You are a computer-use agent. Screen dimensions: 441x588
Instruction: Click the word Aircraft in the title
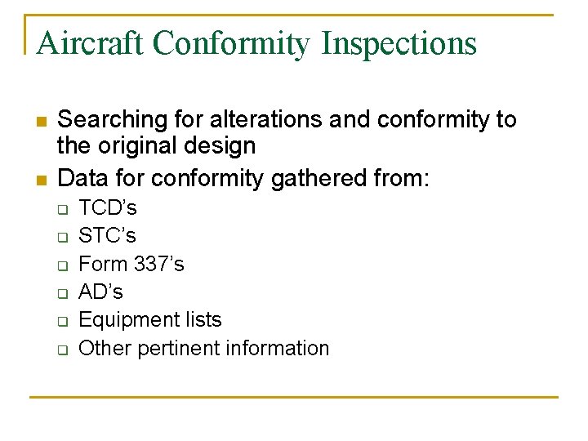pos(89,43)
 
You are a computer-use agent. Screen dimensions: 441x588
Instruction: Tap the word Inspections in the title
pos(399,43)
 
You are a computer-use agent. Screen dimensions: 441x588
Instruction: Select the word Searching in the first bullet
pos(111,120)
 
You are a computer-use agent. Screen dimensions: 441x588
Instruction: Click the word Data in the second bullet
pos(82,177)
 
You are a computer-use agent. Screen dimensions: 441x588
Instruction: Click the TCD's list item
pos(108,207)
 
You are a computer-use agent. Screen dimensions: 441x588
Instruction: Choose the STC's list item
pos(107,236)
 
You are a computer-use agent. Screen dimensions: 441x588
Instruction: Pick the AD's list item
pos(100,292)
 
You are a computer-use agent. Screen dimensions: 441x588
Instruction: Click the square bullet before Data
pos(39,179)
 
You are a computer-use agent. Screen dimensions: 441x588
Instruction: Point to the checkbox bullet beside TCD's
pos(61,209)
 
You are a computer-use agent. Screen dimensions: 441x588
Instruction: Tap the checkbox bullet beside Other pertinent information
pos(61,350)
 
